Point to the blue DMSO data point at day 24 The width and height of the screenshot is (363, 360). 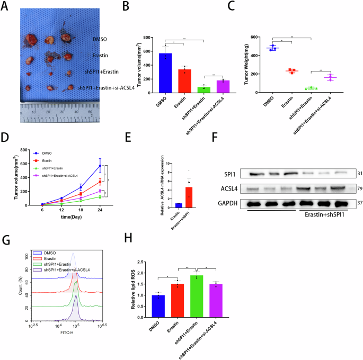pos(100,166)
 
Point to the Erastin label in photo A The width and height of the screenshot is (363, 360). pos(101,55)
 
